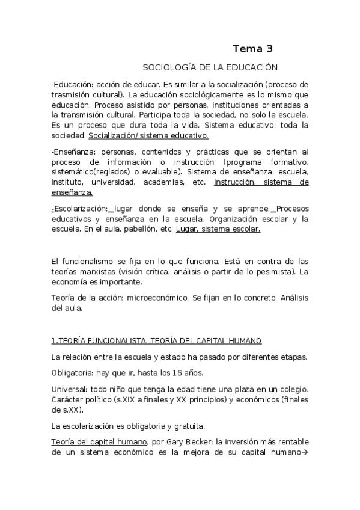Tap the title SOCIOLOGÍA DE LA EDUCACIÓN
[209, 68]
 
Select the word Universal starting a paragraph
[69, 390]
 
